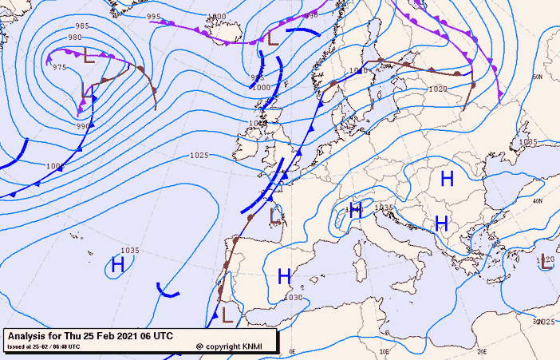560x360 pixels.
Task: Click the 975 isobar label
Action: point(59,67)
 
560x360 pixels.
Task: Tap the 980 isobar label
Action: point(74,38)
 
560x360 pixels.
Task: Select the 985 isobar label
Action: point(82,26)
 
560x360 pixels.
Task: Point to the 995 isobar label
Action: point(154,16)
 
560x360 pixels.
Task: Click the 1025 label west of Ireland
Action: point(199,155)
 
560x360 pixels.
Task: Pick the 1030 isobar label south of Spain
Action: point(294,298)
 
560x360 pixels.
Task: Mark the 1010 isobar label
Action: point(358,71)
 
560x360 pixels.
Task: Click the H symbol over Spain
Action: point(283,276)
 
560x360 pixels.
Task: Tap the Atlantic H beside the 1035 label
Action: point(118,264)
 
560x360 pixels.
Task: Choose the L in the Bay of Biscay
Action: point(275,215)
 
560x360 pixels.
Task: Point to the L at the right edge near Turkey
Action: point(547,262)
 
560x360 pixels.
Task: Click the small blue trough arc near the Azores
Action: point(168,291)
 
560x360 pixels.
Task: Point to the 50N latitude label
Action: point(538,77)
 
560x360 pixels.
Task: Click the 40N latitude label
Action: point(538,200)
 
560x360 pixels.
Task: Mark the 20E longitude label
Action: point(481,350)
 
